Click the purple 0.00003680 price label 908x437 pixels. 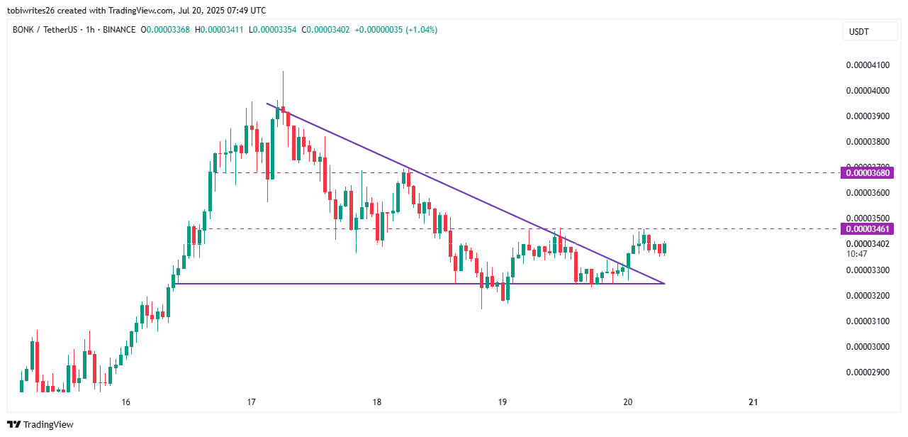pos(866,172)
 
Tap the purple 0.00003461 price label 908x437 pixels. pos(866,228)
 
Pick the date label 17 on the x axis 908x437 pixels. pos(251,402)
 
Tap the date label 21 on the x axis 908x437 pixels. pos(753,402)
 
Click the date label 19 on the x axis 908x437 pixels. pos(502,402)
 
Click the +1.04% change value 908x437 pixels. pos(421,30)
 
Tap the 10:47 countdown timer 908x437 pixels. pos(856,253)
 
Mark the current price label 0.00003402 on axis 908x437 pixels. pos(866,244)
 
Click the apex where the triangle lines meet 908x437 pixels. pos(664,284)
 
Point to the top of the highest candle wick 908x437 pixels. pos(283,71)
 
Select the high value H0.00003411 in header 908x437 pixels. pos(219,30)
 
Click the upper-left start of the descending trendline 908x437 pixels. pos(267,104)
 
